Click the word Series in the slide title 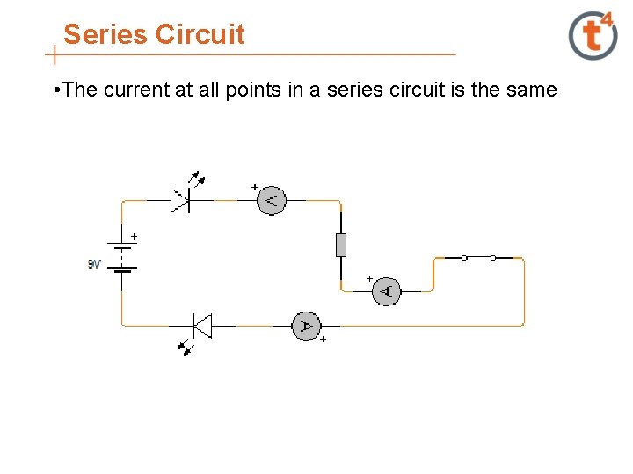click(105, 34)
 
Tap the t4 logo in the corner click(593, 36)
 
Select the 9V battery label click(94, 263)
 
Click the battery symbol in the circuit click(122, 258)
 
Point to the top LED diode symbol click(181, 200)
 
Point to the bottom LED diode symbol click(201, 327)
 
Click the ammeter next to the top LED click(272, 201)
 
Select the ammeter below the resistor click(386, 291)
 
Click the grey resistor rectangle click(341, 245)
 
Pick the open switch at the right click(478, 257)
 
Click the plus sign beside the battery click(135, 236)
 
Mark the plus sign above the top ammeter click(255, 187)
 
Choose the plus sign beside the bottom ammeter click(323, 339)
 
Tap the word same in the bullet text click(533, 90)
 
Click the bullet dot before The click(56, 90)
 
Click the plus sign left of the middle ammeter click(369, 278)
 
